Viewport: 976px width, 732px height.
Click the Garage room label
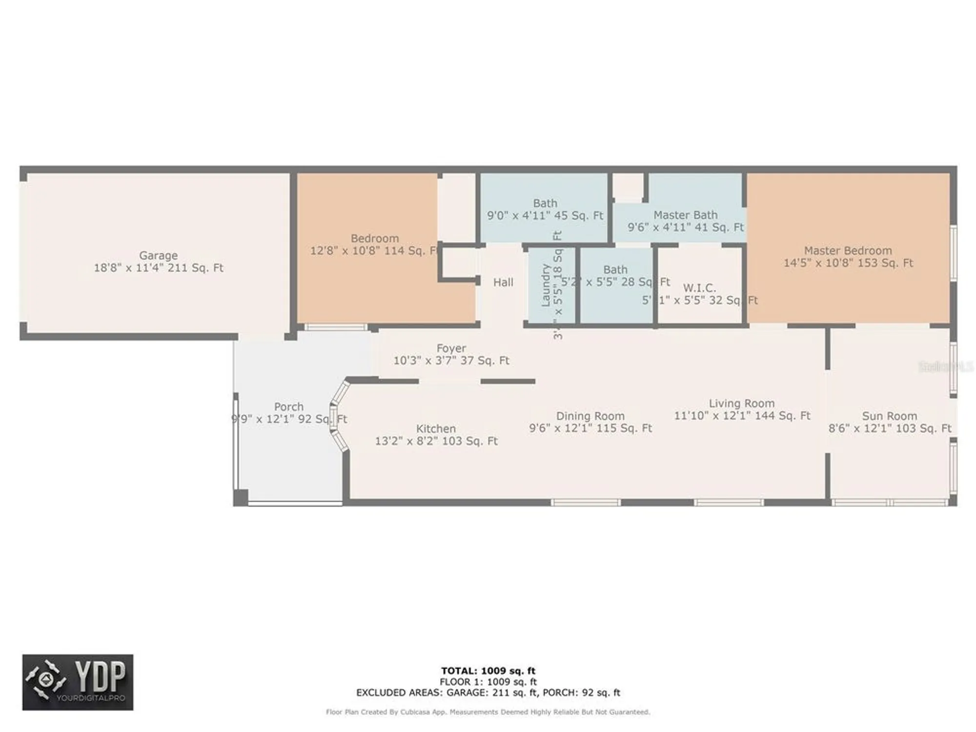click(158, 255)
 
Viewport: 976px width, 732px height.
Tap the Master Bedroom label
click(848, 251)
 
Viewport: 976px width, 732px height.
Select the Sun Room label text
click(889, 416)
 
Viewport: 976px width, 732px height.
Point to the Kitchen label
click(436, 429)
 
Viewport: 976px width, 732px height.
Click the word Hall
click(503, 283)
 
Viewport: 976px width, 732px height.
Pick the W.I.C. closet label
click(699, 288)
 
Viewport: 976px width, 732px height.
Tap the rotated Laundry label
click(546, 285)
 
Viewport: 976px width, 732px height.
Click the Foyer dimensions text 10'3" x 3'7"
click(451, 361)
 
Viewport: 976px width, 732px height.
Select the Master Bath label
click(685, 215)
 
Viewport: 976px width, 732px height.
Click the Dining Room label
click(590, 416)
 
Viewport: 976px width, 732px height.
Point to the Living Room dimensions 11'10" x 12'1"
click(742, 416)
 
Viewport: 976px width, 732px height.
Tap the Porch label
click(288, 407)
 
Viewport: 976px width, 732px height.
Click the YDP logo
click(78, 682)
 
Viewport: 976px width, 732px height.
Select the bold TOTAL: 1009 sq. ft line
click(488, 671)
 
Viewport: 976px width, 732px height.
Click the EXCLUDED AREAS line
click(488, 692)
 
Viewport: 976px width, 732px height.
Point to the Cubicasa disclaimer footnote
click(488, 712)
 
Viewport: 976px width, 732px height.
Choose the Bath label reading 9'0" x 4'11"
click(545, 216)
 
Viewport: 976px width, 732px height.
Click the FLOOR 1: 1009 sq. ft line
click(488, 682)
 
